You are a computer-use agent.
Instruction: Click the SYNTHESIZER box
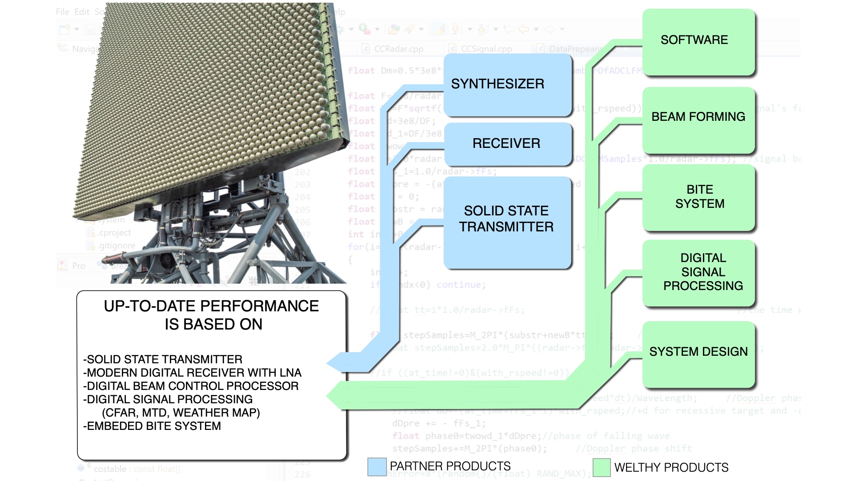point(507,84)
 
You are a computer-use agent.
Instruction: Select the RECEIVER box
point(507,143)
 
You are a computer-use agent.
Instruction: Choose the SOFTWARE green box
point(698,41)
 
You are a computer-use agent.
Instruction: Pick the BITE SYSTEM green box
point(699,197)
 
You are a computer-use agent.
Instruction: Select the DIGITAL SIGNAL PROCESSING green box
point(699,272)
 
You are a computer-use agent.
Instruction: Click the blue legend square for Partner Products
point(377,467)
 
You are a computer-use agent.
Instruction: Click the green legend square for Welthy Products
point(602,468)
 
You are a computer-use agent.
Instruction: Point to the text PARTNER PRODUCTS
point(450,466)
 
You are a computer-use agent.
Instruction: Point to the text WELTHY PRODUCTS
point(671,468)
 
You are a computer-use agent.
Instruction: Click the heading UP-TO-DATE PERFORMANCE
point(211,306)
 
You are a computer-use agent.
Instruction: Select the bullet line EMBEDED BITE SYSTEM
point(152,426)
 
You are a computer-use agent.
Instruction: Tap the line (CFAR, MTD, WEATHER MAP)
point(181,413)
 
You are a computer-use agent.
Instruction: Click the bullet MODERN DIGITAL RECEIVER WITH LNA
point(193,373)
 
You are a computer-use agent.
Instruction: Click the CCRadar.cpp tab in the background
point(398,49)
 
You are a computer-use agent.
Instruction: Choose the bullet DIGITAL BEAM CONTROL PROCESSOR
point(191,386)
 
